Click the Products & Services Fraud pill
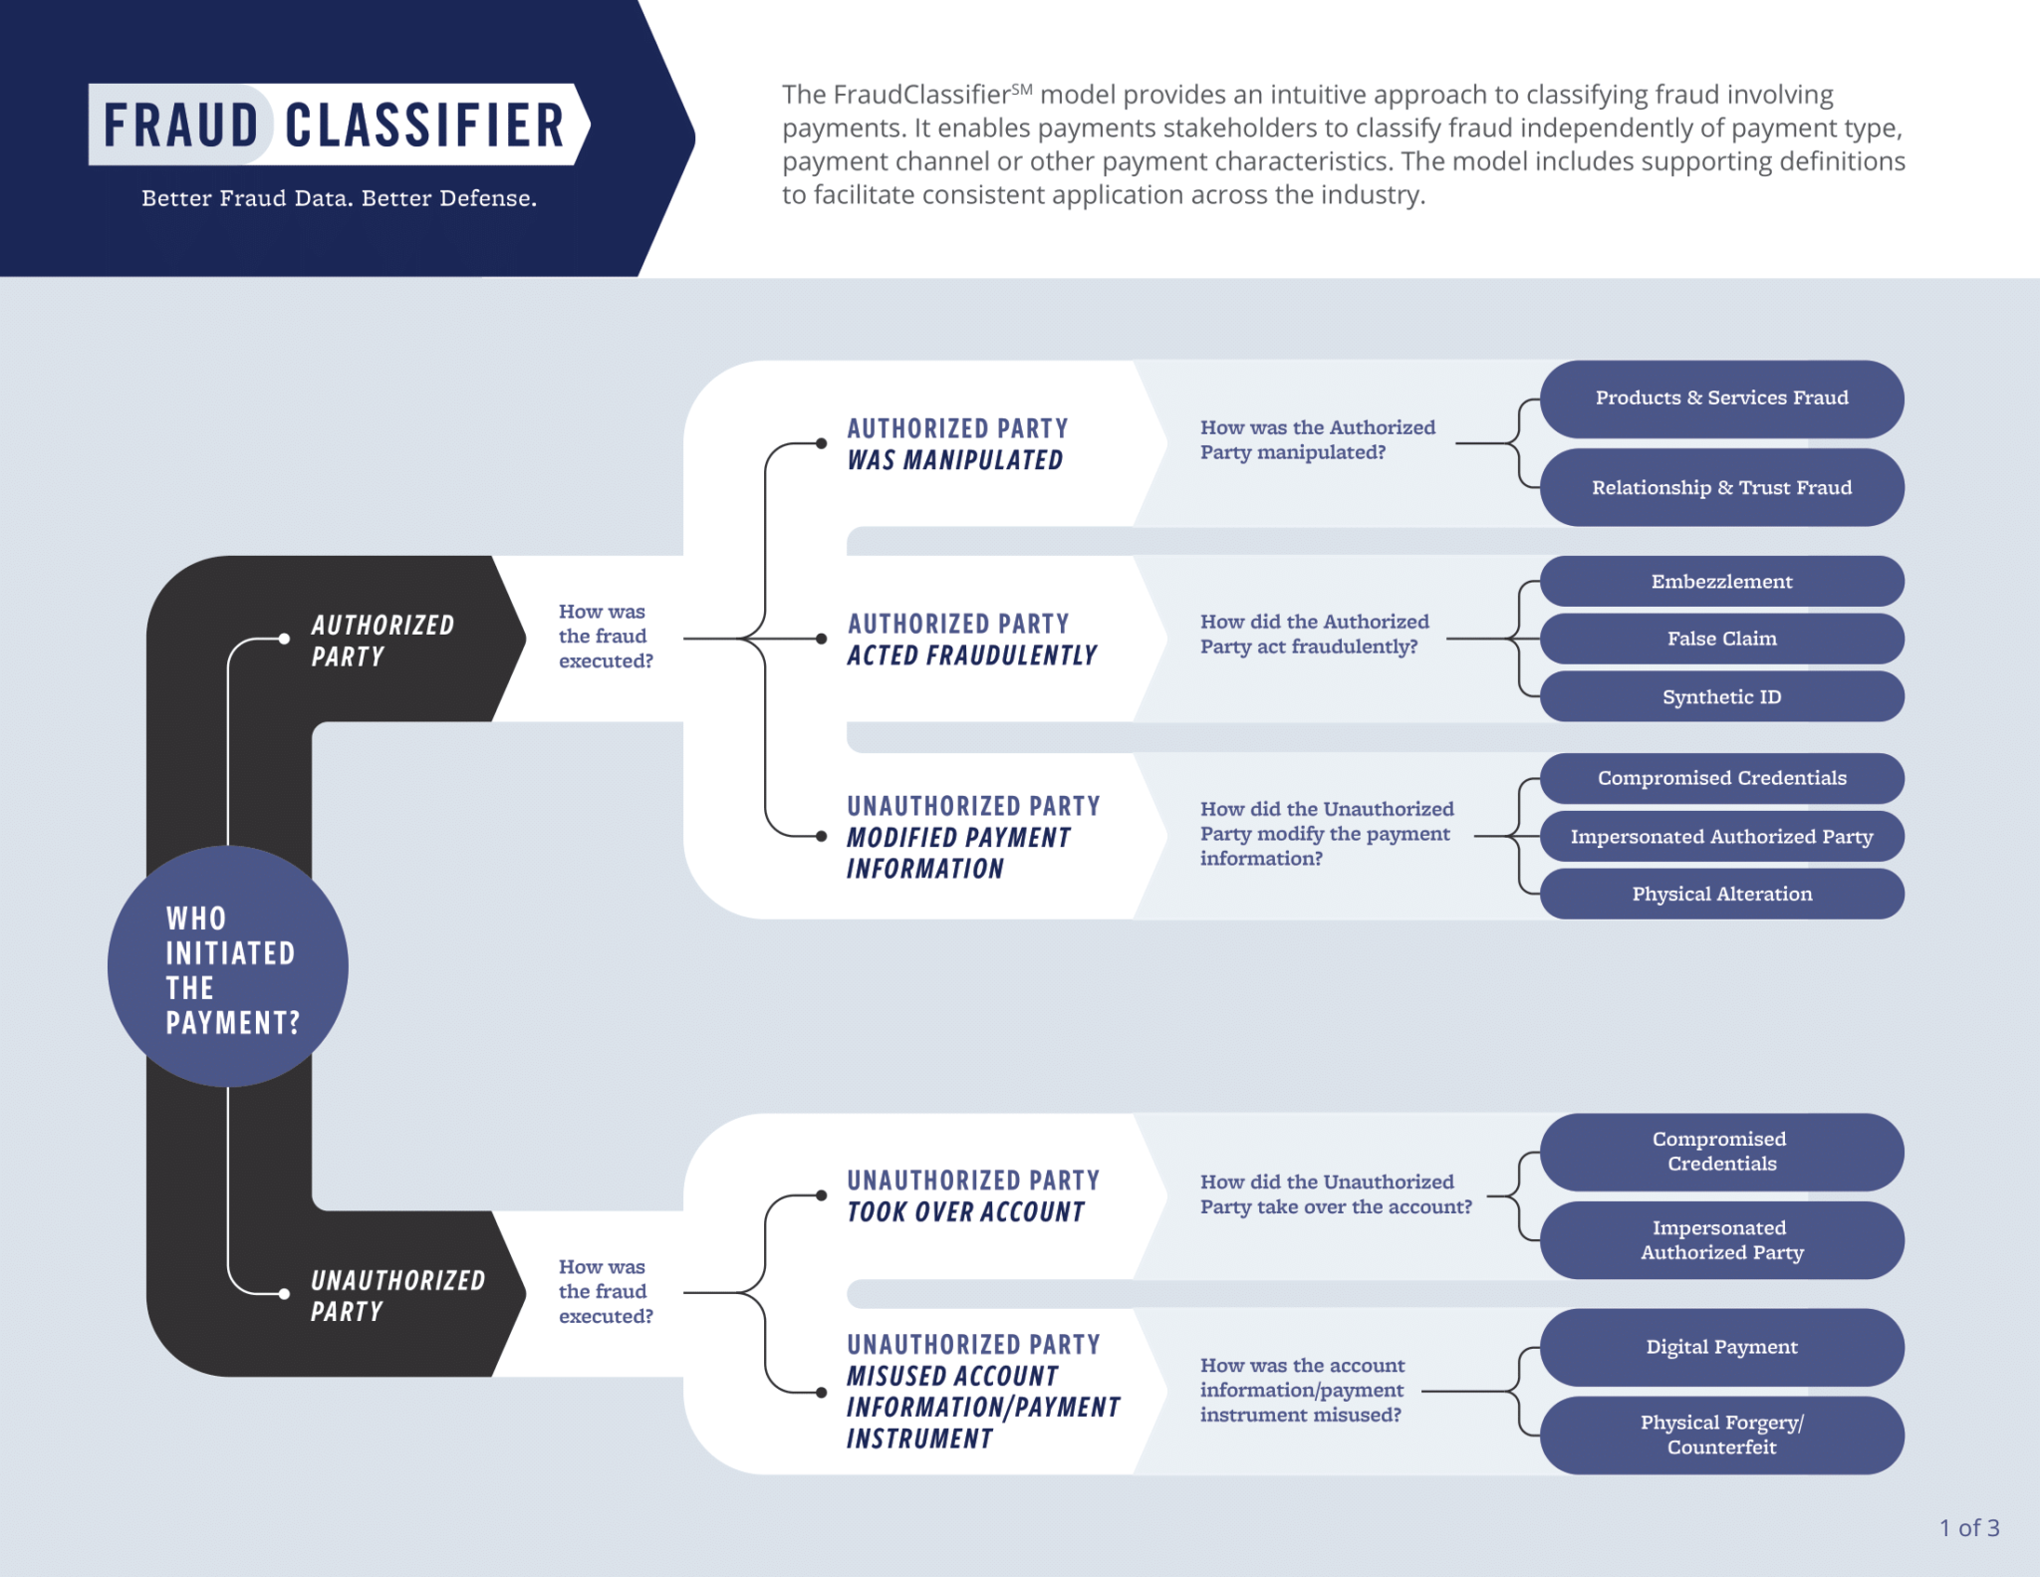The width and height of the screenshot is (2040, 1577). tap(1721, 398)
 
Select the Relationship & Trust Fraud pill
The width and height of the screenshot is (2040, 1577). tap(1721, 487)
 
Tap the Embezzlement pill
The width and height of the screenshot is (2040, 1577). tap(1721, 582)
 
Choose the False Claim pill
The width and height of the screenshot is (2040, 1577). tap(1721, 639)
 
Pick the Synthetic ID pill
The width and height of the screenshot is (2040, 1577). tap(1721, 696)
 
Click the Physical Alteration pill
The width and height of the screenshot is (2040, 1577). tap(1721, 894)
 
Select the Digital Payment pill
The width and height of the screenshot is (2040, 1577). tap(1721, 1347)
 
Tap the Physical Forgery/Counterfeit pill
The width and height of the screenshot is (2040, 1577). tap(1721, 1435)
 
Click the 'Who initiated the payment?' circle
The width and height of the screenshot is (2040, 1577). tap(228, 966)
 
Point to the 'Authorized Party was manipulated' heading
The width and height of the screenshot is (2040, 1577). tap(956, 444)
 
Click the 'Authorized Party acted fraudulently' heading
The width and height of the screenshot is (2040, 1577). tap(971, 640)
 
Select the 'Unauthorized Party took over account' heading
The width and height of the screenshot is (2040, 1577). tap(972, 1196)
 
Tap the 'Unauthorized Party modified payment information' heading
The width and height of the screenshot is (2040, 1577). tap(972, 837)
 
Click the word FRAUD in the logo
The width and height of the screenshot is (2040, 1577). tap(181, 126)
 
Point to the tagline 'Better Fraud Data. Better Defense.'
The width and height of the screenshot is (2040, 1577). tap(339, 198)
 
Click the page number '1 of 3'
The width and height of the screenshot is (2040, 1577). tap(1968, 1527)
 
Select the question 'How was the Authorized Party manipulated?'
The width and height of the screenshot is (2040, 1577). tap(1317, 439)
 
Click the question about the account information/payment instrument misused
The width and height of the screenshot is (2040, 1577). tap(1302, 1390)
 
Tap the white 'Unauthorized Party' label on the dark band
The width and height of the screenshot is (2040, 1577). tap(396, 1295)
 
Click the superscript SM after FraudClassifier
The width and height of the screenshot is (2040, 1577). tap(1022, 90)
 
